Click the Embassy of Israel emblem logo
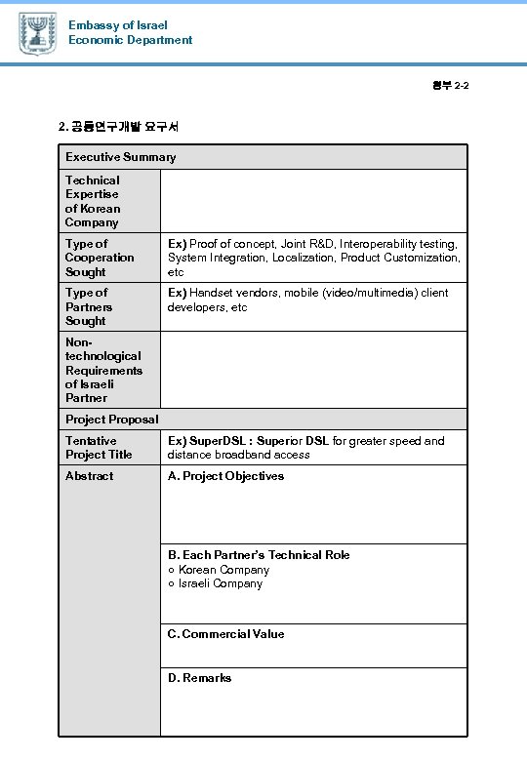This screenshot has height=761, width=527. pyautogui.click(x=37, y=33)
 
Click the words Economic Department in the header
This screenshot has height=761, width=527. pyautogui.click(x=130, y=40)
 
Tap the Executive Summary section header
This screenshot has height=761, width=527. pyautogui.click(x=121, y=157)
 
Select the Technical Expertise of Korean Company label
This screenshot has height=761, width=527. pyautogui.click(x=93, y=201)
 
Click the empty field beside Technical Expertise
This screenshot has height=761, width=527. pyautogui.click(x=313, y=201)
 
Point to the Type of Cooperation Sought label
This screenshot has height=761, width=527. pyautogui.click(x=100, y=258)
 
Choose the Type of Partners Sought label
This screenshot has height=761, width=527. pyautogui.click(x=89, y=306)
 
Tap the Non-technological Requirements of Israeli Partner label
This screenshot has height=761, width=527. pyautogui.click(x=103, y=370)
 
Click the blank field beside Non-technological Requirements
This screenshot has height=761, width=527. pyautogui.click(x=313, y=370)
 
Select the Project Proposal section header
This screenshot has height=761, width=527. pyautogui.click(x=112, y=420)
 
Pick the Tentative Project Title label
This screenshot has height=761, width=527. pyautogui.click(x=99, y=448)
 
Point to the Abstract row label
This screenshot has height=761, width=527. pyautogui.click(x=89, y=476)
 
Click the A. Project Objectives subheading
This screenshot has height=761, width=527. pyautogui.click(x=225, y=476)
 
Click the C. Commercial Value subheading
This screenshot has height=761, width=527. pyautogui.click(x=225, y=634)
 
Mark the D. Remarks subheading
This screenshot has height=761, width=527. pyautogui.click(x=199, y=678)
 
